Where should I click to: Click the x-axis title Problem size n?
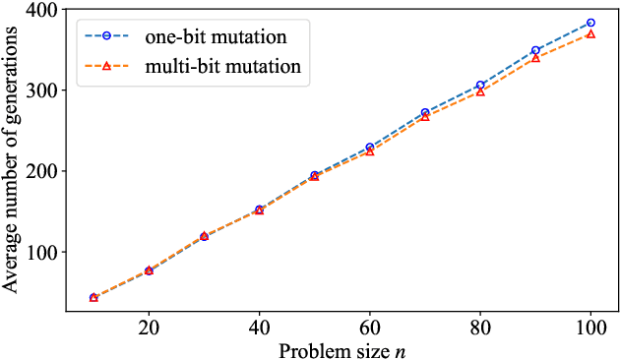[x=341, y=349]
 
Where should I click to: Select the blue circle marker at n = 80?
[x=480, y=86]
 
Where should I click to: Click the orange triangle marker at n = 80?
[x=480, y=91]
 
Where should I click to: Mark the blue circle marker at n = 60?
[x=370, y=148]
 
